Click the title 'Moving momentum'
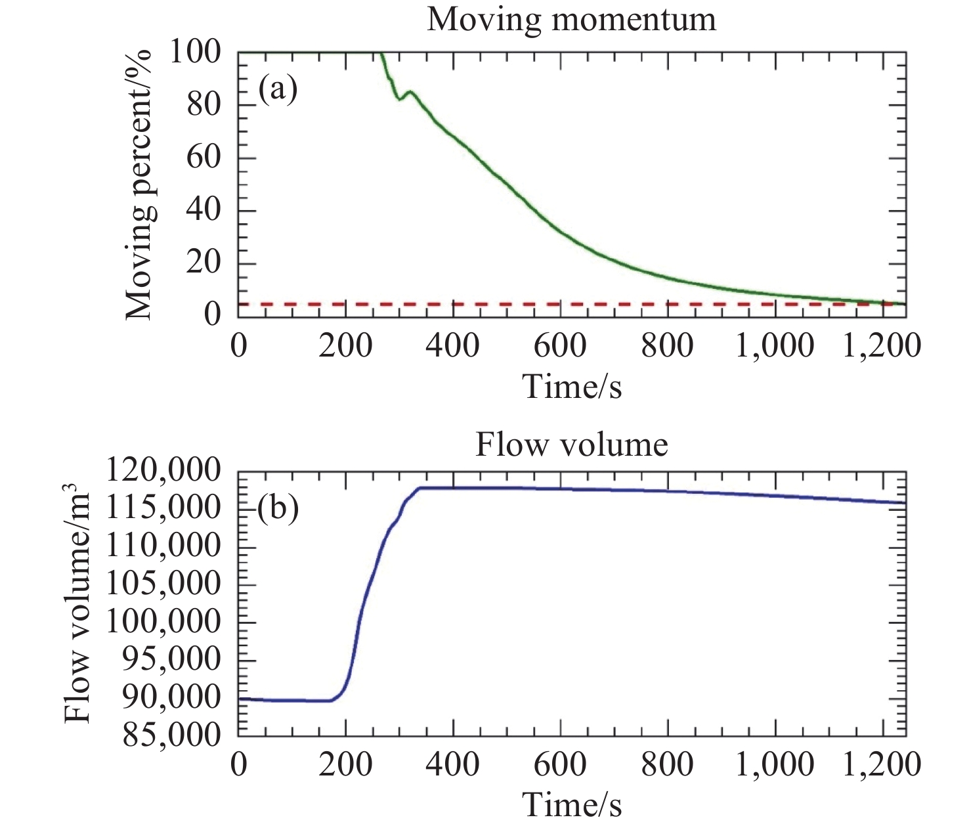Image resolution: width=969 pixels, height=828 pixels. (571, 19)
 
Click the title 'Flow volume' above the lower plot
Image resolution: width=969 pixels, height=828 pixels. (571, 445)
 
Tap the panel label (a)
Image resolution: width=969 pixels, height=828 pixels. (278, 89)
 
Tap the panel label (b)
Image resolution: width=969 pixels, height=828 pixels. (278, 508)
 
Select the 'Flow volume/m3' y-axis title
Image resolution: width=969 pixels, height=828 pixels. (78, 603)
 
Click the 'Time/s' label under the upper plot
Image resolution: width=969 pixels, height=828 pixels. (572, 385)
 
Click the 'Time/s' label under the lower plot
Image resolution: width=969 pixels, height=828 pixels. (572, 804)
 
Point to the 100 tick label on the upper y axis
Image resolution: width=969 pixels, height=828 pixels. (194, 52)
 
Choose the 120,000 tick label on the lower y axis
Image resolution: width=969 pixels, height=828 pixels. (163, 471)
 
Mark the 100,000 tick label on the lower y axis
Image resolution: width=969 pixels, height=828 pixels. (163, 621)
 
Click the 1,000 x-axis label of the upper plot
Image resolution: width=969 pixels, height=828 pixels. (774, 345)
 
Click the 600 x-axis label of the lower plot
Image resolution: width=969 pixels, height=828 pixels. (560, 764)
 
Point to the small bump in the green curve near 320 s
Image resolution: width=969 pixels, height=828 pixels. (410, 92)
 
